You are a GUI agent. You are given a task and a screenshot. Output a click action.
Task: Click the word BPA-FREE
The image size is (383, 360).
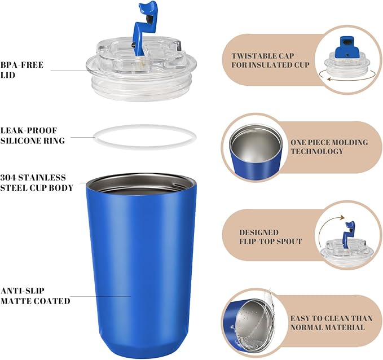pyautogui.click(x=22, y=65)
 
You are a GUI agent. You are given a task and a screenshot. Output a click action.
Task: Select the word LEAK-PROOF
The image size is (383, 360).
pyautogui.click(x=29, y=130)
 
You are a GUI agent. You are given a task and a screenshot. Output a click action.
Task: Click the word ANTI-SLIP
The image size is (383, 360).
pyautogui.click(x=22, y=291)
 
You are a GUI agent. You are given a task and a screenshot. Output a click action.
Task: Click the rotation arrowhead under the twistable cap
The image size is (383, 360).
pyautogui.click(x=329, y=79)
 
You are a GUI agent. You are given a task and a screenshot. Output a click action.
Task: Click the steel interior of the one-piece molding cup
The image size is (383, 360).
pyautogui.click(x=256, y=144)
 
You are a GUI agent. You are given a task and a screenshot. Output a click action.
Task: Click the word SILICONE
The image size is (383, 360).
pyautogui.click(x=19, y=141)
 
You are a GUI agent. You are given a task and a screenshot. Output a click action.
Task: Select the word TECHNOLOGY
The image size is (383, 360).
pyautogui.click(x=317, y=151)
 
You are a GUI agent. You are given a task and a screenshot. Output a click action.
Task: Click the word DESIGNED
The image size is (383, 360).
pyautogui.click(x=259, y=232)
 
